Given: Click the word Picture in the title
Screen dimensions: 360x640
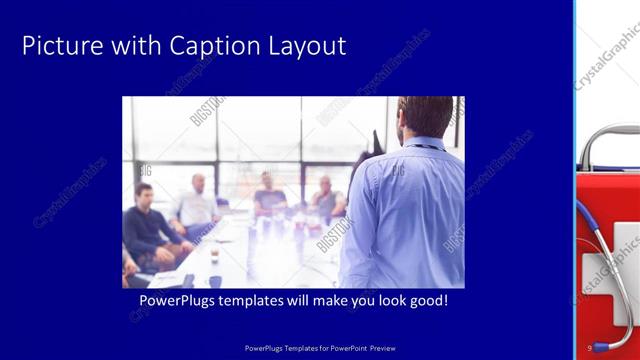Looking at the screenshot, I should pyautogui.click(x=57, y=45).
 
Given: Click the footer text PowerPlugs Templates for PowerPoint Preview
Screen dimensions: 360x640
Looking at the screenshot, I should pyautogui.click(x=320, y=347).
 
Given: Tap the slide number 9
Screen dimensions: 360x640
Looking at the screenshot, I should pyautogui.click(x=590, y=347).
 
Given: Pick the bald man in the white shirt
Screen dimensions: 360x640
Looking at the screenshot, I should pyautogui.click(x=197, y=205).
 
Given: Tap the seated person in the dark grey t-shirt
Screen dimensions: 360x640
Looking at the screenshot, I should pyautogui.click(x=268, y=197).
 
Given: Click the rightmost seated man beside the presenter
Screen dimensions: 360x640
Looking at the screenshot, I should pyautogui.click(x=326, y=200).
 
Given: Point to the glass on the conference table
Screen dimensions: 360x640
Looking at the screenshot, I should pyautogui.click(x=213, y=255).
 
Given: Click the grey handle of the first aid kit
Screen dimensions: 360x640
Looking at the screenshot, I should pyautogui.click(x=608, y=140).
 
